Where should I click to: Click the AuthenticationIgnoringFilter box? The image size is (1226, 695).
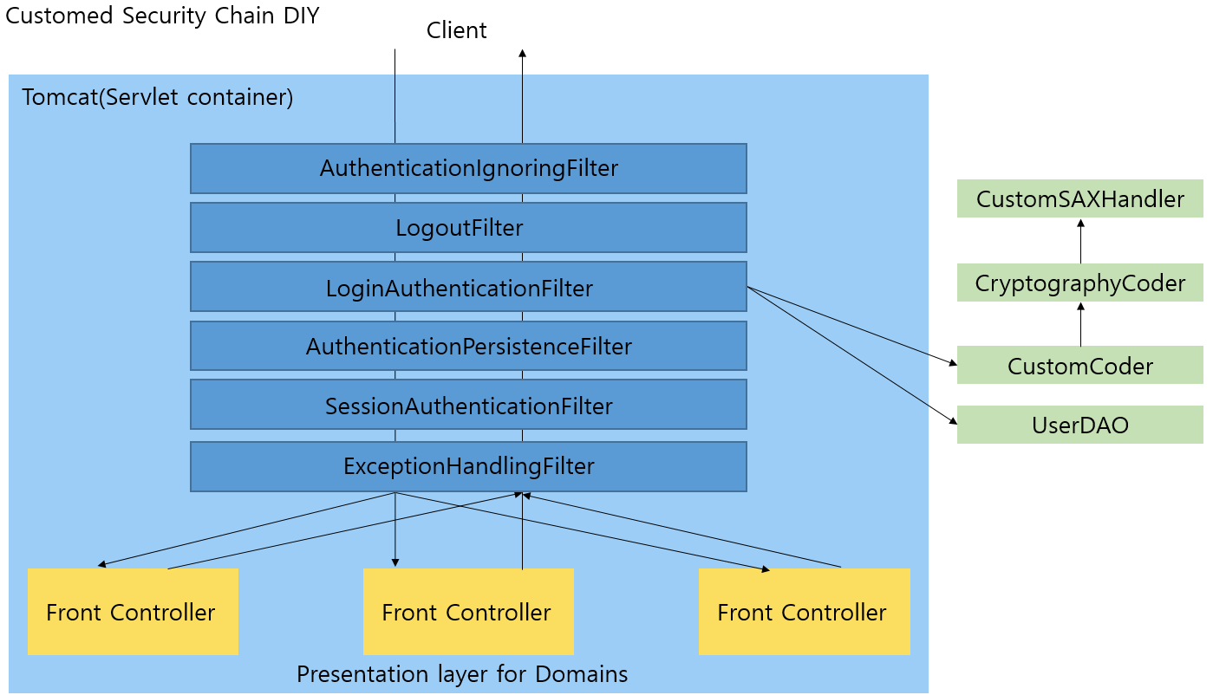pyautogui.click(x=468, y=168)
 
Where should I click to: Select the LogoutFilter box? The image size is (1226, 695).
pyautogui.click(x=468, y=228)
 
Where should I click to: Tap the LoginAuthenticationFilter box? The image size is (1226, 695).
pyautogui.click(x=468, y=287)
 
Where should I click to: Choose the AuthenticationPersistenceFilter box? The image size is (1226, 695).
pyautogui.click(x=468, y=347)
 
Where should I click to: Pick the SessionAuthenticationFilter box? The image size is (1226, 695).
pyautogui.click(x=468, y=405)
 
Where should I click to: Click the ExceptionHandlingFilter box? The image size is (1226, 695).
pyautogui.click(x=468, y=466)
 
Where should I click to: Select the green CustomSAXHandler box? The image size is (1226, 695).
pyautogui.click(x=1079, y=198)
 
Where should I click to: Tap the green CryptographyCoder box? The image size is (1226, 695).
pyautogui.click(x=1079, y=283)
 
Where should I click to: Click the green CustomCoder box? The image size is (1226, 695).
pyautogui.click(x=1079, y=366)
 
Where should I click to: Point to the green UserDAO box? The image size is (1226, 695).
pyautogui.click(x=1079, y=425)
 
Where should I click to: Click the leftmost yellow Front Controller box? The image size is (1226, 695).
pyautogui.click(x=133, y=612)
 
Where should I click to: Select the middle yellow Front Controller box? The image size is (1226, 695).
pyautogui.click(x=468, y=612)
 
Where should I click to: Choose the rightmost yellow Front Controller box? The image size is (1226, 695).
pyautogui.click(x=804, y=612)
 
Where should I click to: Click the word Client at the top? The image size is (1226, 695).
pyautogui.click(x=456, y=30)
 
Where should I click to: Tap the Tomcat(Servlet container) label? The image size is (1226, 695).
pyautogui.click(x=157, y=97)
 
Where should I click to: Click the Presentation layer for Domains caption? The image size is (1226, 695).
pyautogui.click(x=462, y=674)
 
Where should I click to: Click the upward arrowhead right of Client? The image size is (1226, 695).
pyautogui.click(x=522, y=54)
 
